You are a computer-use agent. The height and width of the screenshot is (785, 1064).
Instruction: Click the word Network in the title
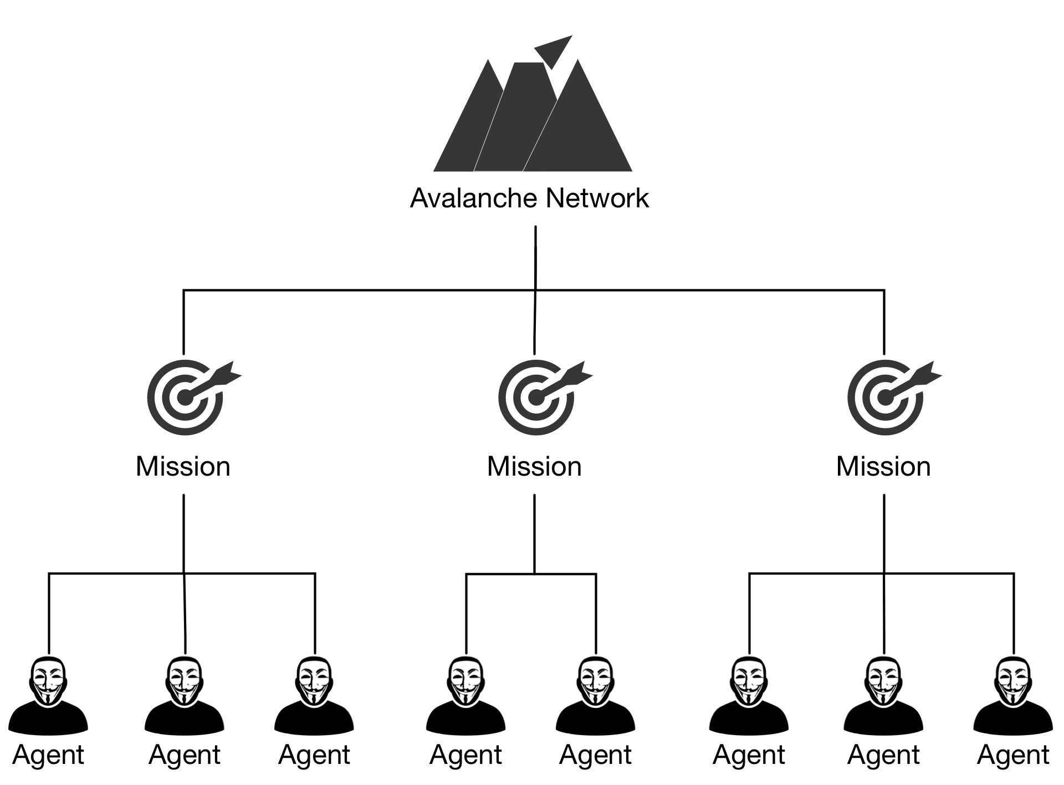tap(597, 198)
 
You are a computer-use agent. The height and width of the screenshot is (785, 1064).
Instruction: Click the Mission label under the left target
tap(183, 466)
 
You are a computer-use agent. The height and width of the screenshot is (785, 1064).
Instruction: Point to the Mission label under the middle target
tap(534, 466)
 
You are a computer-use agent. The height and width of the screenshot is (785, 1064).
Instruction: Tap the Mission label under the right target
tap(883, 466)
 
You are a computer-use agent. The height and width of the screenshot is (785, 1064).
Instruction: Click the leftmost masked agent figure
tap(48, 696)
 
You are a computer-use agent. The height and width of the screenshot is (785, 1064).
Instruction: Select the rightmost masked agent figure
tap(1013, 696)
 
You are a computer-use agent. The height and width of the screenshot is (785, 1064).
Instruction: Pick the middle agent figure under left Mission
tap(185, 696)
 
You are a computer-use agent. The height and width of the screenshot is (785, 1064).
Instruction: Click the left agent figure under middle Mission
tap(466, 696)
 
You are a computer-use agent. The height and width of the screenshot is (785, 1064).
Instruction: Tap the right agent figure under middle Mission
tap(596, 696)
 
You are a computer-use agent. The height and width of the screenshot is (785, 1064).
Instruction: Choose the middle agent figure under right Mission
tap(883, 696)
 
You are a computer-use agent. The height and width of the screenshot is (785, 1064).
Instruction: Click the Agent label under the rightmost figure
tap(1013, 755)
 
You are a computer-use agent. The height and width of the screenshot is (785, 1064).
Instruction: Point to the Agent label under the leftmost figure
tap(48, 755)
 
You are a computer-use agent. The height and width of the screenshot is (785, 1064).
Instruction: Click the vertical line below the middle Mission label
tap(534, 532)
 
